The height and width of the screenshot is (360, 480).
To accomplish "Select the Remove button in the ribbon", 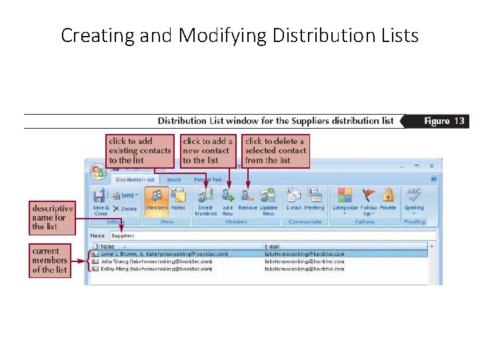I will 247,200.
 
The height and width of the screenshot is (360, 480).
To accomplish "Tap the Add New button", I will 227,200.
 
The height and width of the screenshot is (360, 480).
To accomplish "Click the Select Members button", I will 205,200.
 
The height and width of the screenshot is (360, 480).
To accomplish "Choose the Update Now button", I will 269,200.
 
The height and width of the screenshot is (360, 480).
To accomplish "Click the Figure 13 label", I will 444,121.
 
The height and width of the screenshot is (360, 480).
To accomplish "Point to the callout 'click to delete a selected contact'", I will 275,151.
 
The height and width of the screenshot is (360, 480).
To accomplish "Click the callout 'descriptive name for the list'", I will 51,217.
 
